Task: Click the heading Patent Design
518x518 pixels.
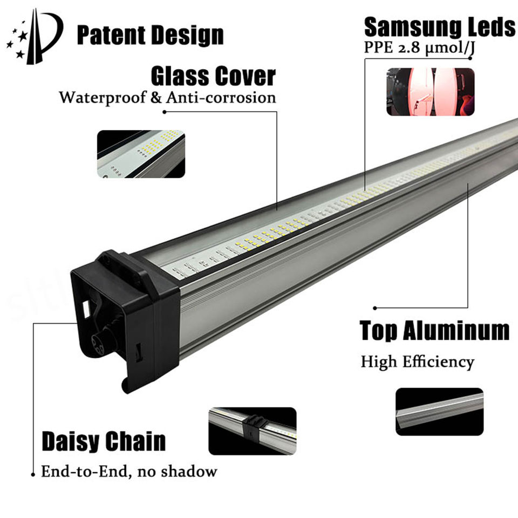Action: click(150, 35)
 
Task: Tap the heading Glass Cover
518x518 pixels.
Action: click(213, 77)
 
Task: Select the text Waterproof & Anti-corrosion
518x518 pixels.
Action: click(167, 98)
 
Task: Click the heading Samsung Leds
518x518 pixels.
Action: click(439, 27)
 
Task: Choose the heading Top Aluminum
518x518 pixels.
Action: click(434, 330)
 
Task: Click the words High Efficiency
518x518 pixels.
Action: click(417, 362)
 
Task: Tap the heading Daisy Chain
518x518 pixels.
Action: click(104, 441)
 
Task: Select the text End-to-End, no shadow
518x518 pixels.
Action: click(129, 472)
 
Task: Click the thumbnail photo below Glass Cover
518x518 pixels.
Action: click(141, 154)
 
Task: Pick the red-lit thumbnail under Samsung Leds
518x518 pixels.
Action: click(430, 92)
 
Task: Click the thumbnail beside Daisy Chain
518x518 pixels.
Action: click(252, 431)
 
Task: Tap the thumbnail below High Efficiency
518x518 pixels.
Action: click(439, 411)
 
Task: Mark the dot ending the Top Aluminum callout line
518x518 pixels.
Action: click(375, 308)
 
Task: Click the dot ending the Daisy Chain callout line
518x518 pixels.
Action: click(34, 472)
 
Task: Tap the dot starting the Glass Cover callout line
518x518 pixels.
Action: click(164, 112)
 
